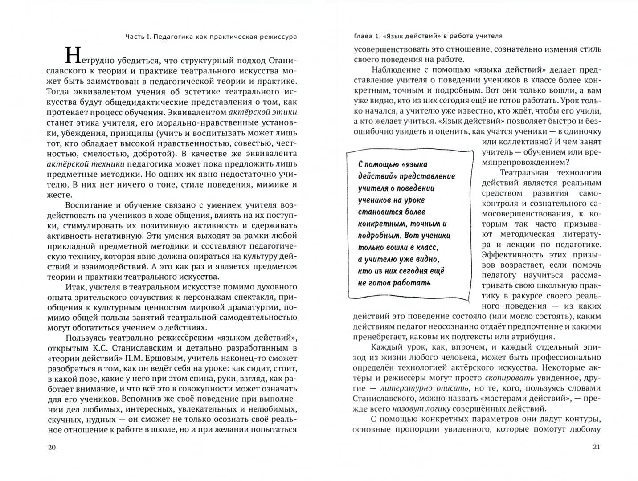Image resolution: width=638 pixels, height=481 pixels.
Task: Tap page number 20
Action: [51, 448]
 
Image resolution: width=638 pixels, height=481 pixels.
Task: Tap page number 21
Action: [597, 448]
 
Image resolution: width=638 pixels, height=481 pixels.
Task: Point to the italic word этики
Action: [284, 112]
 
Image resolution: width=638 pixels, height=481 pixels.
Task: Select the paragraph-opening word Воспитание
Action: [88, 205]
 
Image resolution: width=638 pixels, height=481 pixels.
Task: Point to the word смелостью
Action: [106, 154]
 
